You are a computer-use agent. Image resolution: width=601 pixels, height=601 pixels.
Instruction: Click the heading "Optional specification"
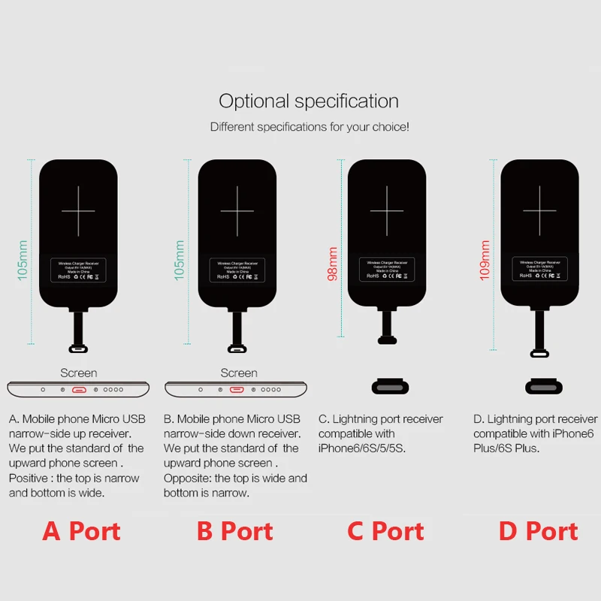(309, 101)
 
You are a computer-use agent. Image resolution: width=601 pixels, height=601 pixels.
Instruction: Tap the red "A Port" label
(81, 531)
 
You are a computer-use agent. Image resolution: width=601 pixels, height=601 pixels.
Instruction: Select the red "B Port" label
(235, 531)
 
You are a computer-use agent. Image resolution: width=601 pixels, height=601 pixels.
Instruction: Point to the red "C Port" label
(385, 531)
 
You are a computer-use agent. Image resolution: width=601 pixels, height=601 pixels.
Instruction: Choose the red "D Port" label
(539, 531)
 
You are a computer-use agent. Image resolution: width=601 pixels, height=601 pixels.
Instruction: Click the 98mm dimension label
(333, 264)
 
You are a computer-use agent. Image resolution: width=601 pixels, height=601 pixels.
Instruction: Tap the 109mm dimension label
(485, 261)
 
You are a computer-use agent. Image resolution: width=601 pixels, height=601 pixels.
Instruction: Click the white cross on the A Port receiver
(78, 210)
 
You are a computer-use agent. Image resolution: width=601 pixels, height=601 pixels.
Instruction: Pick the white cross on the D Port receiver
(540, 210)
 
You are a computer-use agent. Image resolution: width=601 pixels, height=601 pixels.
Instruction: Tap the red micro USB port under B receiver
(237, 390)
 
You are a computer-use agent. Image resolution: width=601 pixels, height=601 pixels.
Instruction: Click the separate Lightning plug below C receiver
(390, 388)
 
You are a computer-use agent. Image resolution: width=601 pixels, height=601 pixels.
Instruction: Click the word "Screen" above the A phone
(79, 373)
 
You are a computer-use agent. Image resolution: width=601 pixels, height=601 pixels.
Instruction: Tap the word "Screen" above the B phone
(239, 373)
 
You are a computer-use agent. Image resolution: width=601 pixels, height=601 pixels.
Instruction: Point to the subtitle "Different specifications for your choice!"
(310, 127)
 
